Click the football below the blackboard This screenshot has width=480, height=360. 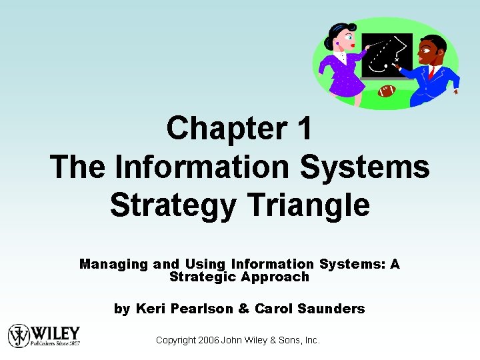point(387,91)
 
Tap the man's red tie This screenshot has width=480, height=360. point(431,71)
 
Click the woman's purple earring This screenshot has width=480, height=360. point(337,43)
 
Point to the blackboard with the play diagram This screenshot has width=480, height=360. point(387,56)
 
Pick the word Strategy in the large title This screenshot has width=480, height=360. point(172,205)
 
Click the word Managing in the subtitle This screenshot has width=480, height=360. point(114,264)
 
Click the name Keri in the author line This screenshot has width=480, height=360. point(152,309)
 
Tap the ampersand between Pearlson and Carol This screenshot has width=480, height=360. point(243,309)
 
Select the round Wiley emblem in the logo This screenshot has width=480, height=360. point(19,335)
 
